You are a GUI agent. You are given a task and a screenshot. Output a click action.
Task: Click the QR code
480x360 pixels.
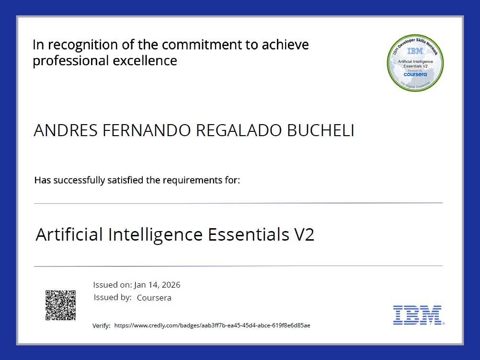click(x=60, y=305)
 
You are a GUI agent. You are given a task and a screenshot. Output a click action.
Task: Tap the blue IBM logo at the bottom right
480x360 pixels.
click(x=417, y=315)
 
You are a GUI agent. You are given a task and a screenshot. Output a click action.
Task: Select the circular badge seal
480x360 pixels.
click(x=415, y=63)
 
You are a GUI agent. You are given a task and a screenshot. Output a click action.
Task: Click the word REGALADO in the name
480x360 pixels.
click(x=240, y=131)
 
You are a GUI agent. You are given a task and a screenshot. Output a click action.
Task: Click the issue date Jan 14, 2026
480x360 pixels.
click(x=157, y=285)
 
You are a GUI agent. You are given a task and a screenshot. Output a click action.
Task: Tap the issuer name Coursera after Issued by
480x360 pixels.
click(x=154, y=298)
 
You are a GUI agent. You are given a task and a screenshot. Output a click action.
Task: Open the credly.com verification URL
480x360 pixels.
click(x=212, y=326)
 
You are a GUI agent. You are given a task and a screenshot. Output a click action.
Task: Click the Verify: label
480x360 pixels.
click(x=101, y=326)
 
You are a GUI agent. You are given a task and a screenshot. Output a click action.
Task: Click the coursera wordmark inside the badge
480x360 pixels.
click(x=415, y=74)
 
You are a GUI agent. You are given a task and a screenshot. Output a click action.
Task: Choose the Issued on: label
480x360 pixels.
click(x=113, y=285)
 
